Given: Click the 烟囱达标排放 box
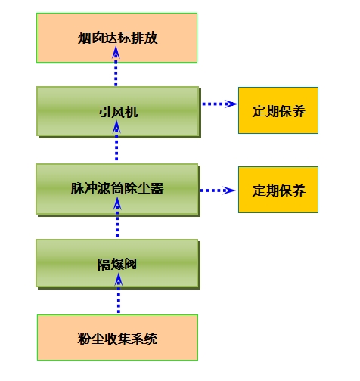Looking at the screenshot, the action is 117,38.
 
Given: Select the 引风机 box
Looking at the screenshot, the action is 119,112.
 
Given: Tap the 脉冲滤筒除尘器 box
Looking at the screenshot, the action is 118,190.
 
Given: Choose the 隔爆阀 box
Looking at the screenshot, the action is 118,264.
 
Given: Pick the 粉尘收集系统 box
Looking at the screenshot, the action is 117,337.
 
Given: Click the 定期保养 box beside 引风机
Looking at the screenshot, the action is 278,110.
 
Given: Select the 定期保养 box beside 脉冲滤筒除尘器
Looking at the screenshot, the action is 278,190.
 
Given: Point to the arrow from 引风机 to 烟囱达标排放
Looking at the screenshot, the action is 116,67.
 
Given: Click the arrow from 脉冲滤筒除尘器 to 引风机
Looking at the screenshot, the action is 116,141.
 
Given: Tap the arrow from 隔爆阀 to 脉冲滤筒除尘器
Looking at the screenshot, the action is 117,217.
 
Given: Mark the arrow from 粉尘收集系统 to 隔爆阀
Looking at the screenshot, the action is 119,293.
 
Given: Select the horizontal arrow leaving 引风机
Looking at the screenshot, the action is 219,104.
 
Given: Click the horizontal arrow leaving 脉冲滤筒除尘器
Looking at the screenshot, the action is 218,190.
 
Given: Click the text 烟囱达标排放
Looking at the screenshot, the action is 118,38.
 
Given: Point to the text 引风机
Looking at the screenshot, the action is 118,112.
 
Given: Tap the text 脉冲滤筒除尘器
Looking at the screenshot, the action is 117,188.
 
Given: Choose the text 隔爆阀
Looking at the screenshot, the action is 117,265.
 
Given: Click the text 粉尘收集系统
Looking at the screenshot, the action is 117,339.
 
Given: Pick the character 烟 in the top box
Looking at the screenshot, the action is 84,38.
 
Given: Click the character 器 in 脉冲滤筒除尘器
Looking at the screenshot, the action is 157,188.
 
